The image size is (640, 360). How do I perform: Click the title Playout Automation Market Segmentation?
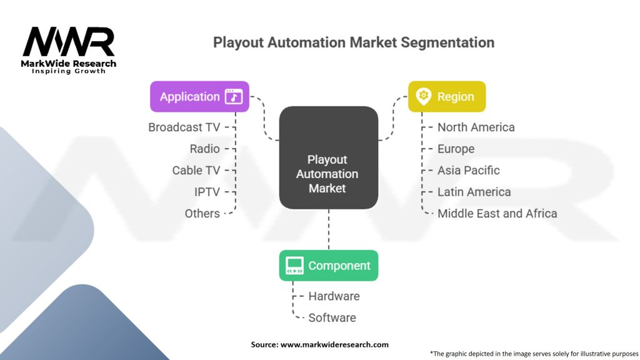click(354, 42)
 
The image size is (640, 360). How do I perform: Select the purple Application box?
click(199, 97)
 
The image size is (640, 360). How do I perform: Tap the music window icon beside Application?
click(234, 97)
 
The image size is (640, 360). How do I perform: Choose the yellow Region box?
click(446, 97)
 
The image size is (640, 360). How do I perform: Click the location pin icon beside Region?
click(424, 96)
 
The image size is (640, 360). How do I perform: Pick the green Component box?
click(328, 266)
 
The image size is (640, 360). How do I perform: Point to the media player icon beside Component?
click(294, 266)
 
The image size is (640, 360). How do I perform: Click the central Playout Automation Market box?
click(328, 157)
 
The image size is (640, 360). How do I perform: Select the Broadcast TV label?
click(184, 127)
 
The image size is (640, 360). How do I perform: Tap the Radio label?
click(205, 149)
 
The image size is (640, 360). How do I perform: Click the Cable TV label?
click(196, 170)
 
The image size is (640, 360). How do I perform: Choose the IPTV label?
click(207, 192)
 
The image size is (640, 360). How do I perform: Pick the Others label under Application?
click(202, 213)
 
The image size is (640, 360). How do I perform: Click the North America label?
click(476, 127)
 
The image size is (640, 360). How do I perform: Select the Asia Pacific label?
click(468, 170)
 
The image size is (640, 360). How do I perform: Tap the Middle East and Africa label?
click(497, 213)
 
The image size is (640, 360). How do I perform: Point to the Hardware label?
click(334, 296)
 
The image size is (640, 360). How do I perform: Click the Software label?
click(332, 317)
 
